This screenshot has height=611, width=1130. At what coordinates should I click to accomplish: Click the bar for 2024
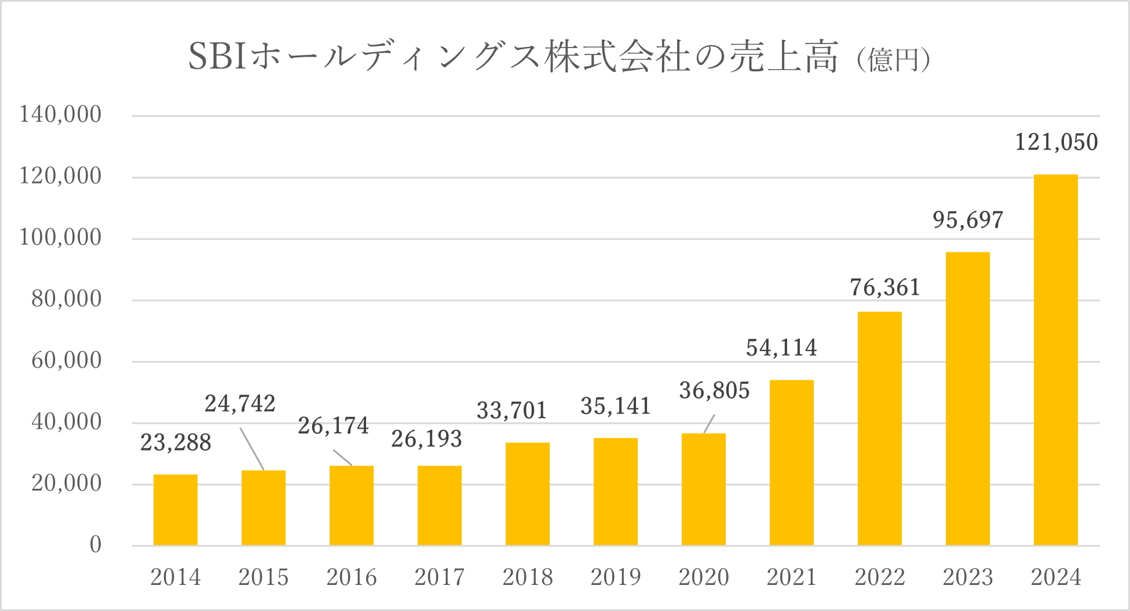pyautogui.click(x=1055, y=359)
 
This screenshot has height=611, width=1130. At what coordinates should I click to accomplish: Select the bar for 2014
pyautogui.click(x=175, y=510)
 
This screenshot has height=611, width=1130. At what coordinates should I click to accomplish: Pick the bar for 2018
pyautogui.click(x=527, y=493)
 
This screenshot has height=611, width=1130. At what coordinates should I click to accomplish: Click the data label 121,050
pyautogui.click(x=1056, y=142)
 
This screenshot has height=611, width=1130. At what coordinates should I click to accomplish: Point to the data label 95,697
pyautogui.click(x=968, y=220)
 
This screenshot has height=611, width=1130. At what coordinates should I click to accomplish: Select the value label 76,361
pyautogui.click(x=885, y=288)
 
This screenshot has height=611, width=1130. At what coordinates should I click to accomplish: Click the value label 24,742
pyautogui.click(x=240, y=404)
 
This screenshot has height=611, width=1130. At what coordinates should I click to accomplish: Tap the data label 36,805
pyautogui.click(x=714, y=391)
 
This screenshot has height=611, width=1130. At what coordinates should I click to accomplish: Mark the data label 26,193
pyautogui.click(x=426, y=439)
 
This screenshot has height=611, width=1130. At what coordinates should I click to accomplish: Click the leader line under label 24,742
pyautogui.click(x=252, y=449)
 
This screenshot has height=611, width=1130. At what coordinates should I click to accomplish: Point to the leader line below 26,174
pyautogui.click(x=342, y=458)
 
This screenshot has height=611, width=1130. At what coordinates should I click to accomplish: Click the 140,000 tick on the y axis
pyautogui.click(x=60, y=115)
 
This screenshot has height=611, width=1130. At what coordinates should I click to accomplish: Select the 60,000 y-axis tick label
pyautogui.click(x=66, y=360)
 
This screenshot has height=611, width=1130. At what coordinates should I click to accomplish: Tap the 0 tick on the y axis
pyautogui.click(x=96, y=544)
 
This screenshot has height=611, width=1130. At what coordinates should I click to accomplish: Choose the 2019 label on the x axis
pyautogui.click(x=615, y=577)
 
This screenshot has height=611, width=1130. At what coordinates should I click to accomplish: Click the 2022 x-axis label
pyautogui.click(x=879, y=577)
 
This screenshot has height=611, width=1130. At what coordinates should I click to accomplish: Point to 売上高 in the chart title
pyautogui.click(x=783, y=57)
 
